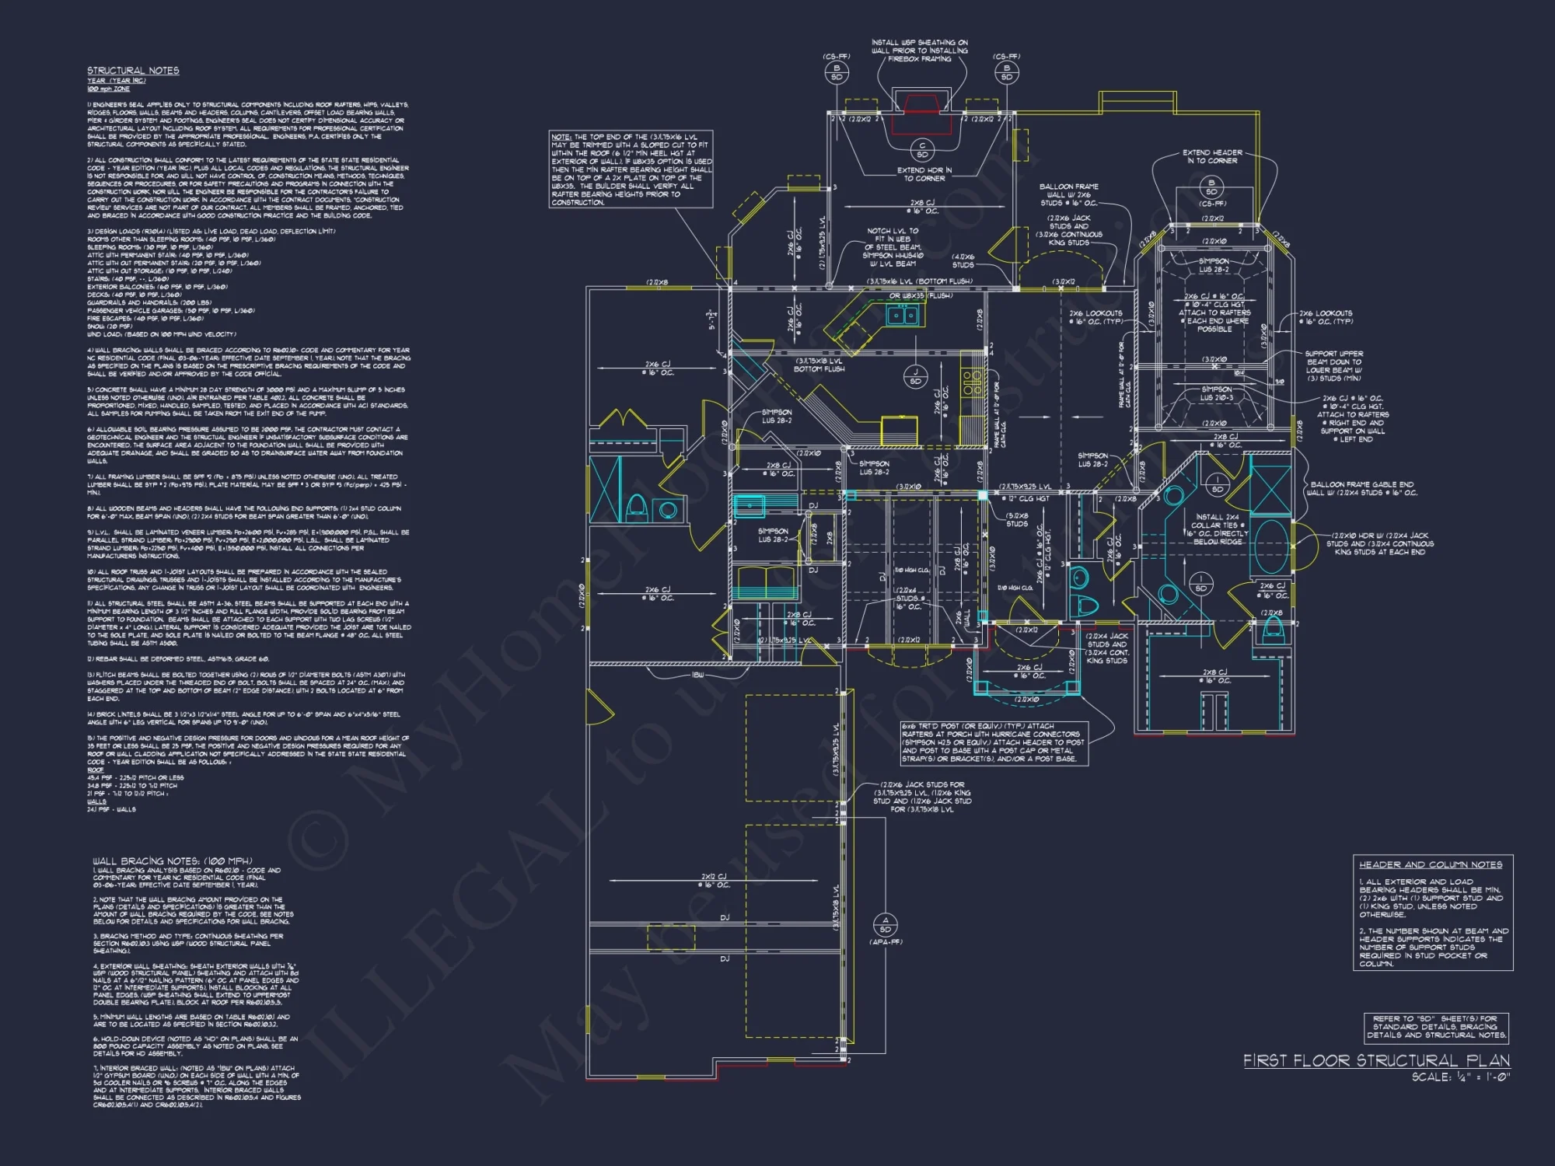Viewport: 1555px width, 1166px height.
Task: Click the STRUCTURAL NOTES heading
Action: (133, 71)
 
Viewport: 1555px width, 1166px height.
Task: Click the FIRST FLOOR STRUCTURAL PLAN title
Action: (1376, 1060)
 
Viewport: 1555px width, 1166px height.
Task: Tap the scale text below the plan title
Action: (1460, 1077)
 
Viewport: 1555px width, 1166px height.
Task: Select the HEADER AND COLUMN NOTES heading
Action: (1431, 864)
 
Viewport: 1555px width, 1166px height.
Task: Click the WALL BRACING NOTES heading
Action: (173, 861)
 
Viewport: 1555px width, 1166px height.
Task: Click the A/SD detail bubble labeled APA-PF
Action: (885, 925)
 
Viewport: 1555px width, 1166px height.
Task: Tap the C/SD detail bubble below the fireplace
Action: (922, 149)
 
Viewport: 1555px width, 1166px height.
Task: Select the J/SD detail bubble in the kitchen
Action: (915, 377)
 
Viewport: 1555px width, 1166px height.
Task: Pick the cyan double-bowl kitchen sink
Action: (903, 315)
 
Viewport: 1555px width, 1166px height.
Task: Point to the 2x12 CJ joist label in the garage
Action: (715, 881)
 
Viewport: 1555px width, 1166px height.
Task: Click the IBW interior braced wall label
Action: (697, 675)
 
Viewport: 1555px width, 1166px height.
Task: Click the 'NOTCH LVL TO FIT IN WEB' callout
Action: (893, 247)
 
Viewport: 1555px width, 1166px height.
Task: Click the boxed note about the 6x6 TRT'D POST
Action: (994, 742)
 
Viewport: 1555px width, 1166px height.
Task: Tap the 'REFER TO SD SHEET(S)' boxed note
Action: (1436, 1026)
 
